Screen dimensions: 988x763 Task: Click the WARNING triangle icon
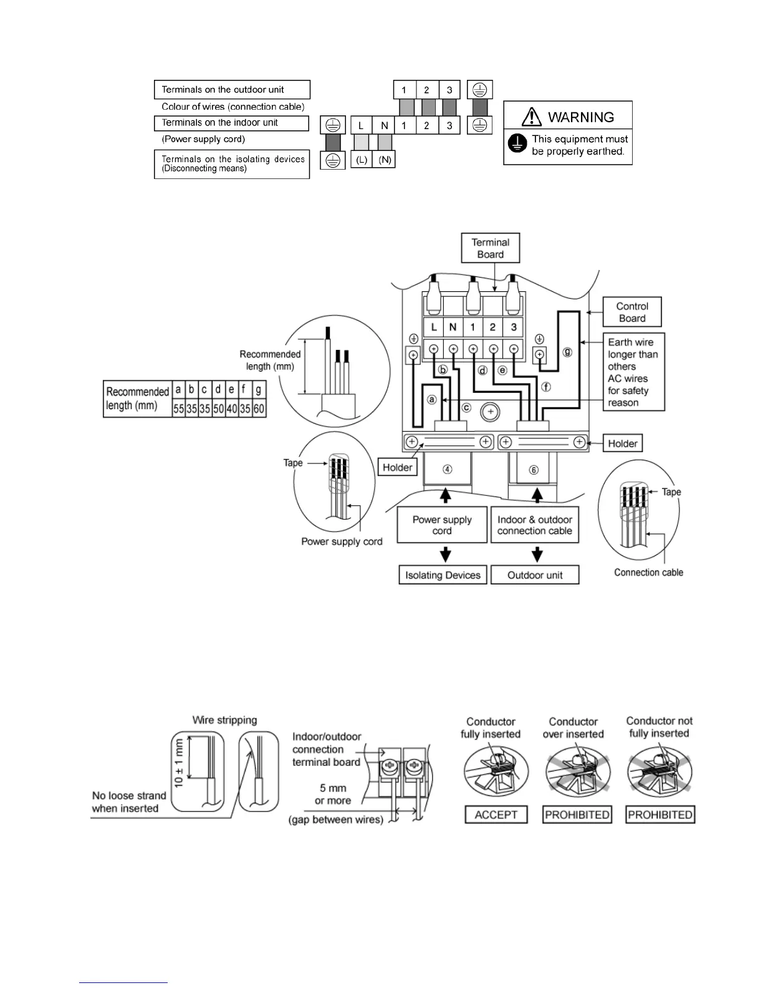(532, 116)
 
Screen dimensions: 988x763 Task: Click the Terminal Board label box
(491, 248)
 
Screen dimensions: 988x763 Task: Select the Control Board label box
(632, 312)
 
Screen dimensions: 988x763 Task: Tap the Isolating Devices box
(443, 575)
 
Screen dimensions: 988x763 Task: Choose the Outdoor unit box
(535, 575)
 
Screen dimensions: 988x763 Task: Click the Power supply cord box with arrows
(442, 525)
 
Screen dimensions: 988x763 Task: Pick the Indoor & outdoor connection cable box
(535, 525)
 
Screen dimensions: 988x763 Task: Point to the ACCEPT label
(496, 815)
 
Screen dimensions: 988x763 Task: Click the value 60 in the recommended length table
(259, 409)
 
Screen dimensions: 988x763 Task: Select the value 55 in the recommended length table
(179, 409)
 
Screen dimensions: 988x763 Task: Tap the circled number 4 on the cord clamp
(448, 470)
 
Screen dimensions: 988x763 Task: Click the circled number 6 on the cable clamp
(534, 470)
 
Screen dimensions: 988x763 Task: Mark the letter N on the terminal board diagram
(453, 327)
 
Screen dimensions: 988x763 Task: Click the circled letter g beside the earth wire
(567, 352)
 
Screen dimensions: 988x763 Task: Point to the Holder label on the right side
(623, 443)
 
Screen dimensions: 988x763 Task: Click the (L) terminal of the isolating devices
(362, 160)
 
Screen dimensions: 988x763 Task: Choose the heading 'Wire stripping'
(224, 720)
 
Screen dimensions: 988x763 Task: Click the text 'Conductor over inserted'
(573, 728)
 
